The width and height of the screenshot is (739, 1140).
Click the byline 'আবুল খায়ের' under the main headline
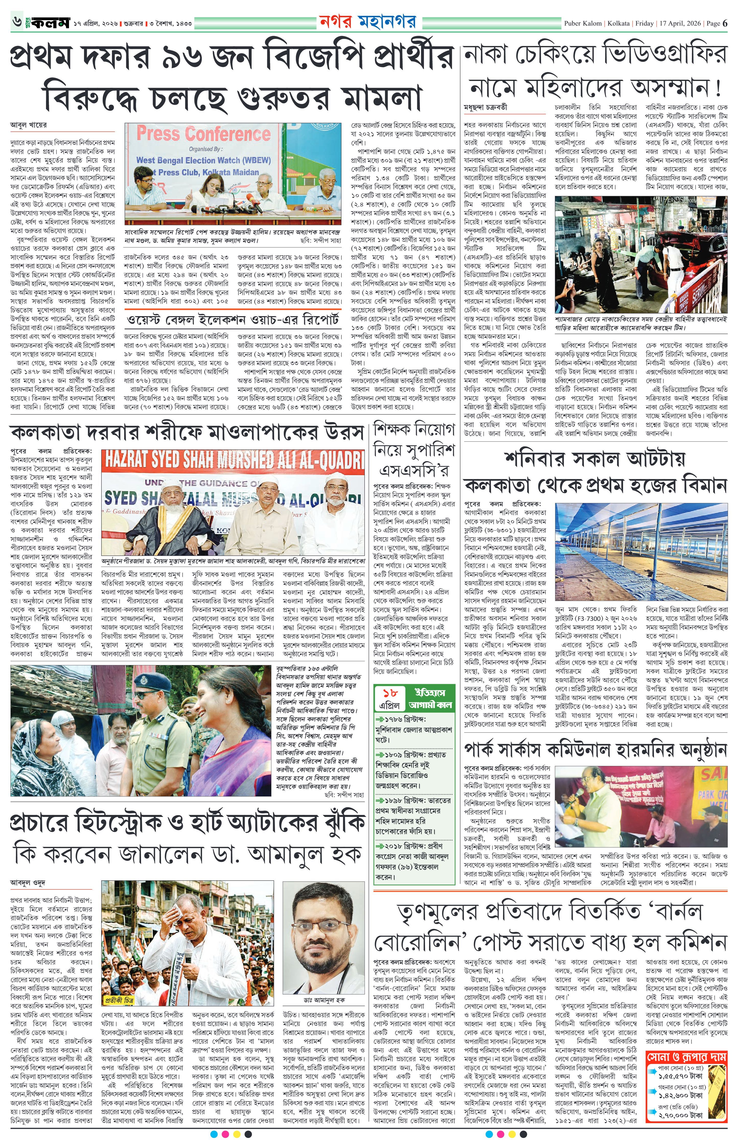[29, 125]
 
